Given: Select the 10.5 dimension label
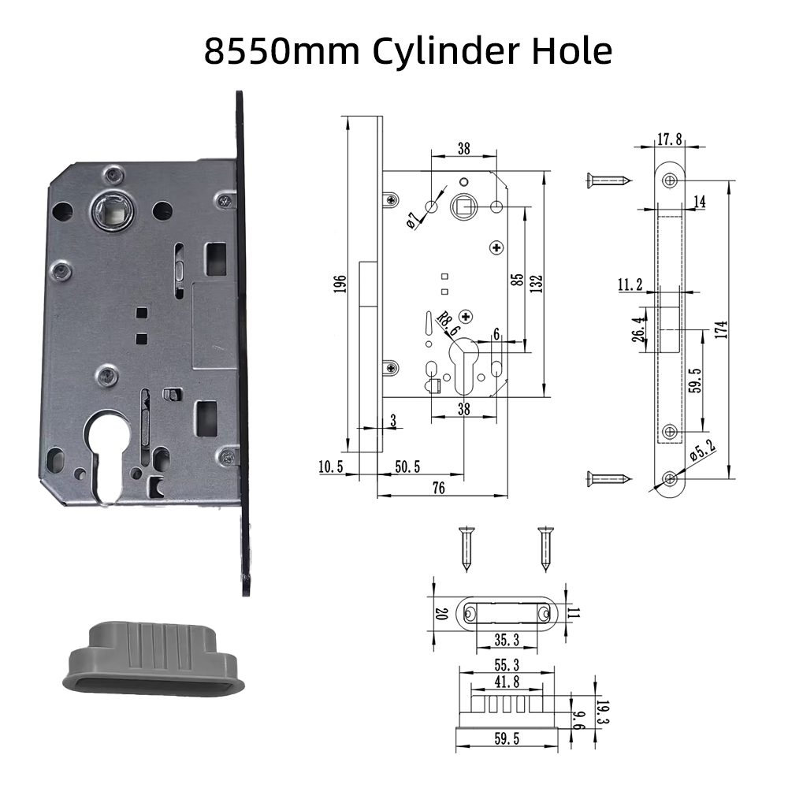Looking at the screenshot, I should pos(330,467).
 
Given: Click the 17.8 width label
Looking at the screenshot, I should pos(668,139).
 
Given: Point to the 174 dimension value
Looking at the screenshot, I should pos(722,329).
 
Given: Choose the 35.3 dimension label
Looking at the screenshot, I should pos(506,639).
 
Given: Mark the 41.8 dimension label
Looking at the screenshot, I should pos(507,680).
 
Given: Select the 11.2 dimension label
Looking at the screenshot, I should pos(630,285).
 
